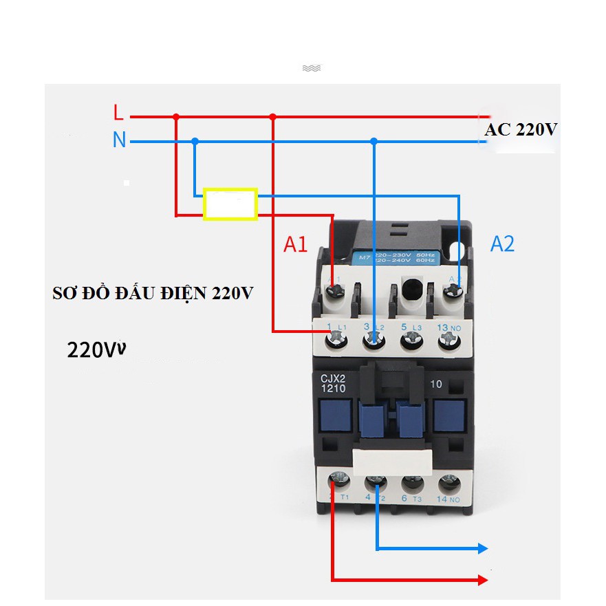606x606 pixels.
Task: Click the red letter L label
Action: tap(118, 112)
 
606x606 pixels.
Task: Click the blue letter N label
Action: tap(120, 141)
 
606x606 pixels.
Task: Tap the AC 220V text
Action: tap(520, 130)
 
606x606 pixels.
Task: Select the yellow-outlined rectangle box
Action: tap(230, 204)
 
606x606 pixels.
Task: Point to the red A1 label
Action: tap(296, 244)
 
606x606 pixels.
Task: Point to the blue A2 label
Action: tap(502, 244)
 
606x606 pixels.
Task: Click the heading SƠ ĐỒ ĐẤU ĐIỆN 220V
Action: tap(153, 294)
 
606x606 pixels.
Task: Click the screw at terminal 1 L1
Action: tap(336, 337)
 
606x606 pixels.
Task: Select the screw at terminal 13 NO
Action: tap(451, 338)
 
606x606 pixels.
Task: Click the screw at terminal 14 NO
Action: tap(450, 482)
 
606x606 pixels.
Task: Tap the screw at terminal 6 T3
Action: tap(412, 482)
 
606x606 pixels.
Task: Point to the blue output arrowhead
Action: tap(483, 548)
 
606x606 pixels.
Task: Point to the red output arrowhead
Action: tap(483, 581)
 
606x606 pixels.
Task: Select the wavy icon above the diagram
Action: tap(311, 68)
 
